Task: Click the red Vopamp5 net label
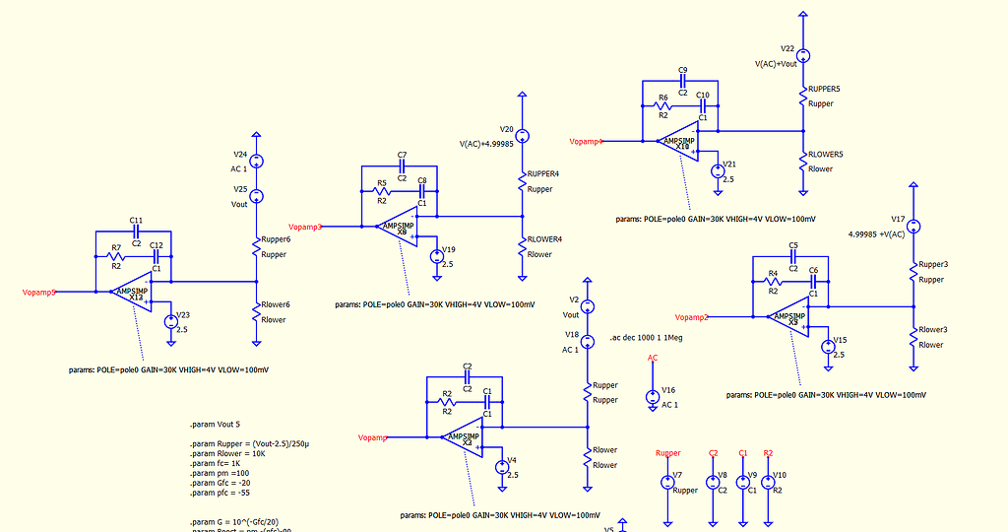click(x=38, y=292)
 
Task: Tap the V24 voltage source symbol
click(x=256, y=162)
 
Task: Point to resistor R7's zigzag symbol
click(x=116, y=257)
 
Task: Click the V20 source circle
click(x=523, y=136)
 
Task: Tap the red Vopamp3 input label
click(x=305, y=227)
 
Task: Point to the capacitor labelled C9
click(x=682, y=82)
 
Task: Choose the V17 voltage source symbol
click(x=913, y=227)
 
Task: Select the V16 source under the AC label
click(x=652, y=397)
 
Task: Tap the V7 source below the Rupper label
click(x=667, y=482)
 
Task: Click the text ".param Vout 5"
click(x=215, y=424)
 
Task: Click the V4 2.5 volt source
click(x=501, y=467)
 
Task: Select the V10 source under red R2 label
click(x=769, y=482)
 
